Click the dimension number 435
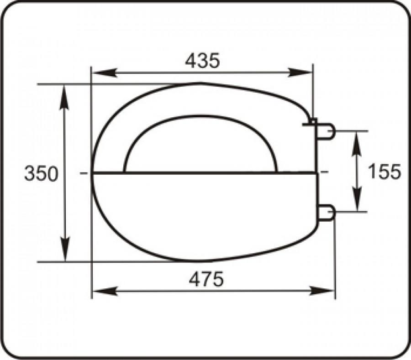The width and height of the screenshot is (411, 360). [202, 61]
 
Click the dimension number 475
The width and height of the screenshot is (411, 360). [206, 279]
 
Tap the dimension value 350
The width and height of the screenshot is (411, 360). [41, 174]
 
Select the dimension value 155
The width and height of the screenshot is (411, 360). [384, 172]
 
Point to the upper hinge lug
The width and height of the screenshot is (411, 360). [326, 131]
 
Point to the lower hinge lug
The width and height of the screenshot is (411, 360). [326, 213]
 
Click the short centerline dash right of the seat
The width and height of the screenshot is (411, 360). [325, 172]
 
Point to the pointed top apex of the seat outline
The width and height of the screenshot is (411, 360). [201, 83]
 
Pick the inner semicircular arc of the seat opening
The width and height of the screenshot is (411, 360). [200, 116]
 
